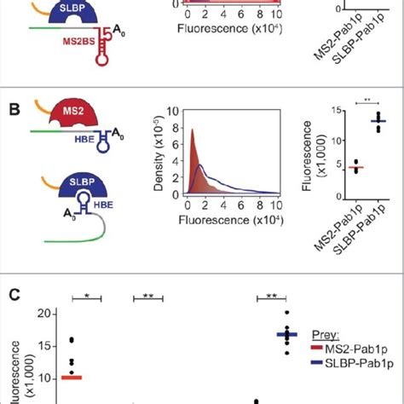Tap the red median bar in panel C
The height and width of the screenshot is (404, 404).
pyautogui.click(x=70, y=377)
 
